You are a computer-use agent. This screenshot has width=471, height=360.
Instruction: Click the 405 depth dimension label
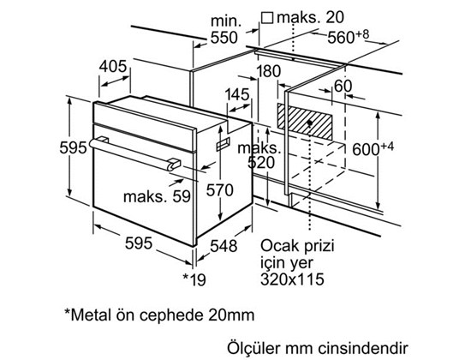point(113,66)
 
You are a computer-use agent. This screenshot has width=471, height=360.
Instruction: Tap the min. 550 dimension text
point(223,27)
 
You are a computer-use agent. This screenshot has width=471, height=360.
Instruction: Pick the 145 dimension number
point(237,93)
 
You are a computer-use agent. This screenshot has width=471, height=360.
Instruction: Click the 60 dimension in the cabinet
point(343,85)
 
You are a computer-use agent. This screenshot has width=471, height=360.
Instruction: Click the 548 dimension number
point(224,244)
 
